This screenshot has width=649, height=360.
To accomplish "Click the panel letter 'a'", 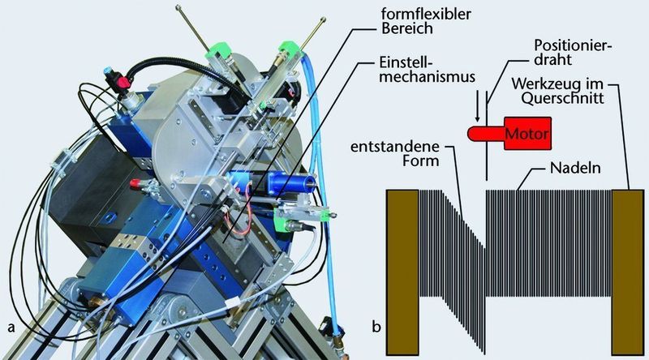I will (x=11, y=328).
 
